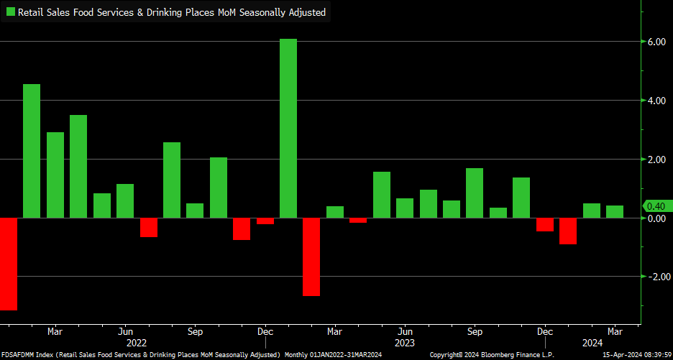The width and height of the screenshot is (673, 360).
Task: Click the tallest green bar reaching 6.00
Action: tap(288, 127)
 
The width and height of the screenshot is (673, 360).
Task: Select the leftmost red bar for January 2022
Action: tap(9, 263)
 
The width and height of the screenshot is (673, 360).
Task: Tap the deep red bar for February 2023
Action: tap(311, 256)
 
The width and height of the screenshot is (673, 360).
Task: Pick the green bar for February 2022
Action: tap(32, 150)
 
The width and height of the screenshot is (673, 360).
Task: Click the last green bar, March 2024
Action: tap(615, 211)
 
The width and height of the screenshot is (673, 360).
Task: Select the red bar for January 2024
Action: tap(568, 231)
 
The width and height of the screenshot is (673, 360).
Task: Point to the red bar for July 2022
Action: tap(149, 226)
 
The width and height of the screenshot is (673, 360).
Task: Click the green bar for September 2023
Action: tap(475, 193)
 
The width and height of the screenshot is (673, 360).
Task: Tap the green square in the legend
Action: tap(11, 12)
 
